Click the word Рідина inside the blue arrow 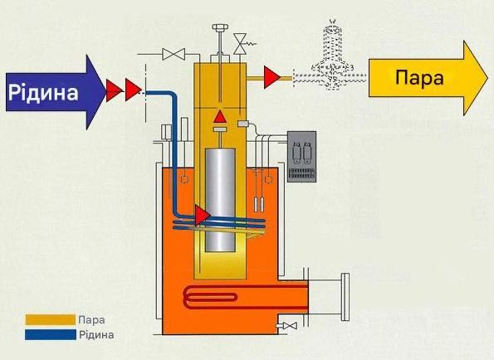(42, 90)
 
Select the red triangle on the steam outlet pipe (271, 78)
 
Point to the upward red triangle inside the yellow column (219, 115)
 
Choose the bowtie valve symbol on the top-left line (174, 55)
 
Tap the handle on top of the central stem (219, 28)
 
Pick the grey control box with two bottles (303, 156)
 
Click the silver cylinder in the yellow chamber (220, 199)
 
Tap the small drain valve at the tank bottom (289, 326)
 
